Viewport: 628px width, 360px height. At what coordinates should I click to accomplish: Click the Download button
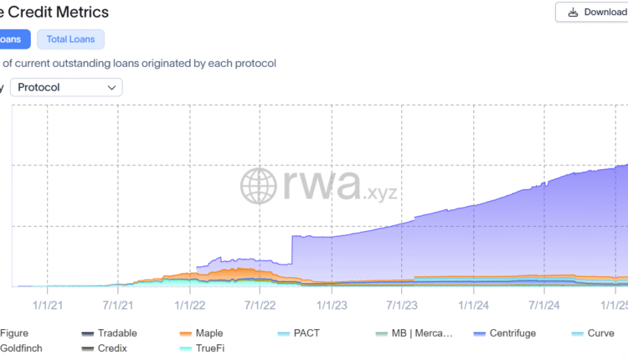pos(591,13)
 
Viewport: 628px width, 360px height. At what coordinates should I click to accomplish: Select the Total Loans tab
pos(70,39)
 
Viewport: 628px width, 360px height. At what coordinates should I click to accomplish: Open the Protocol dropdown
pos(66,87)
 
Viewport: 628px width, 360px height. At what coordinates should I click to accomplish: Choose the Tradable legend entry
pos(116,333)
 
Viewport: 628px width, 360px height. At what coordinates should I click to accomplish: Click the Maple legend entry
pos(208,333)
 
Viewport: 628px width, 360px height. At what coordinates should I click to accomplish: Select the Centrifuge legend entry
pos(511,333)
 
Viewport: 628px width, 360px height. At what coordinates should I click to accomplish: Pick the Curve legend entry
pos(600,333)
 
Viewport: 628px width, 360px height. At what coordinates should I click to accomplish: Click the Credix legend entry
pos(111,348)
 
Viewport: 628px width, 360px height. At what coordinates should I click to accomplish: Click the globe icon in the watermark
pos(259,186)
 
